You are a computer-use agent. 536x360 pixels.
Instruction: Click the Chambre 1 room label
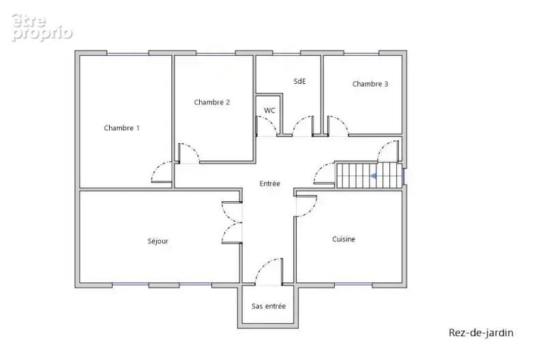point(121,128)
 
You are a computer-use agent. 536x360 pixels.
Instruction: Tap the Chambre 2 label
point(212,102)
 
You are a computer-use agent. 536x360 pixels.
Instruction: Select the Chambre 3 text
point(370,84)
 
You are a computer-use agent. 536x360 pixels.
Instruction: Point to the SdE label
point(299,81)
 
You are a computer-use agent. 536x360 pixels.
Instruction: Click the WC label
point(269,110)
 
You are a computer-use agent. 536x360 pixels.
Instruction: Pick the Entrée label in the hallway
point(270,183)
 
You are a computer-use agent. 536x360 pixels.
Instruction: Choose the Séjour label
point(158,241)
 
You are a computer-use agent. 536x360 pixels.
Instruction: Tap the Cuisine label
point(344,239)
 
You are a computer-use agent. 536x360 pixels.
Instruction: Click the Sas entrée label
point(269,306)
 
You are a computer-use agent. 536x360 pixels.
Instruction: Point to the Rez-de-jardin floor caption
point(481,333)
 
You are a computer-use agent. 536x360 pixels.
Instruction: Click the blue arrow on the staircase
point(373,176)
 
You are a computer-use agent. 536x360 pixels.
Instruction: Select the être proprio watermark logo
point(42,28)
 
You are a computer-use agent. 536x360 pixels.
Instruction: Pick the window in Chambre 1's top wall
point(128,53)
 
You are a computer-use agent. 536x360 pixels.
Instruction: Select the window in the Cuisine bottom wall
point(353,284)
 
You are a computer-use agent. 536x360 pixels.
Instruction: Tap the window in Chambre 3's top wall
point(361,53)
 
